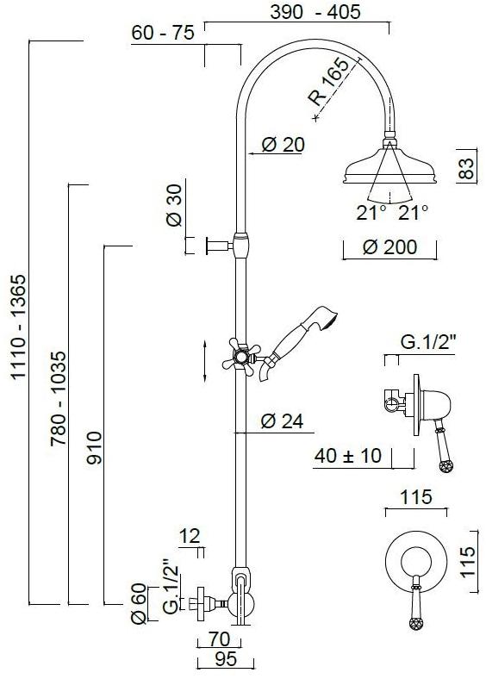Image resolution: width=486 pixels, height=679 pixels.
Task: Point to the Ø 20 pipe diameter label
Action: pos(283,146)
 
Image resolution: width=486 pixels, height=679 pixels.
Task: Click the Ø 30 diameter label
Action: pos(173,206)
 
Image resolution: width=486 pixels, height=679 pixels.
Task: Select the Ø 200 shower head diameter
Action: pos(389,247)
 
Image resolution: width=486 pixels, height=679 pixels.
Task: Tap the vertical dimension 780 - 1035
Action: pos(58,396)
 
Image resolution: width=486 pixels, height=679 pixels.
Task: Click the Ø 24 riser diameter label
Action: pos(283,421)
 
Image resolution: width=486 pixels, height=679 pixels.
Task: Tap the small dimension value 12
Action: pos(190,537)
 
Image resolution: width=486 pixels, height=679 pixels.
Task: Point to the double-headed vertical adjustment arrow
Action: pos(204,361)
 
